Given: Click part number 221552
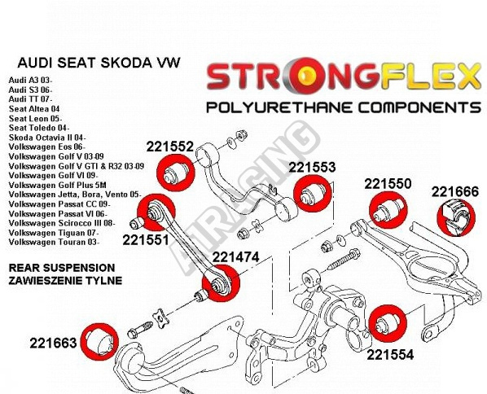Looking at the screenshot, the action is (x=170, y=147).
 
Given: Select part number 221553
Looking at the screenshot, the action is (x=312, y=168).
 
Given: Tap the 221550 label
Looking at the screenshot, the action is (x=388, y=184).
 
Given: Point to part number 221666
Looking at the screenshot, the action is (x=454, y=191).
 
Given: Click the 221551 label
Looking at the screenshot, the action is (x=146, y=239).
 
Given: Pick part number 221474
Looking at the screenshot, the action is (x=235, y=256).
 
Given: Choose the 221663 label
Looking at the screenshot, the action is (x=53, y=343).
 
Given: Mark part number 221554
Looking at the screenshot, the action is (x=390, y=354).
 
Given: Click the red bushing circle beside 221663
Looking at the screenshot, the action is (x=99, y=343).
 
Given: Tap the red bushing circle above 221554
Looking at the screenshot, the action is (x=388, y=324).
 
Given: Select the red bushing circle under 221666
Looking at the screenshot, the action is (x=456, y=217).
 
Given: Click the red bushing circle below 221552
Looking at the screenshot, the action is (x=175, y=173).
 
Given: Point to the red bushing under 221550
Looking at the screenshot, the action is (x=388, y=210).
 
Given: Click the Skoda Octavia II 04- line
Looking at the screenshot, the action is (x=47, y=138).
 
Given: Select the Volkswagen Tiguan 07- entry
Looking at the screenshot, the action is (x=54, y=233).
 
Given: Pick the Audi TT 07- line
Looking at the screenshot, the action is (x=30, y=99).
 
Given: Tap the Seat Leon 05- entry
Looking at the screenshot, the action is (x=35, y=118).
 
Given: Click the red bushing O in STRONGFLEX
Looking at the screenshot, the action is (x=305, y=76).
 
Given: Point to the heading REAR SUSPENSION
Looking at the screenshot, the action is (x=62, y=268).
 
